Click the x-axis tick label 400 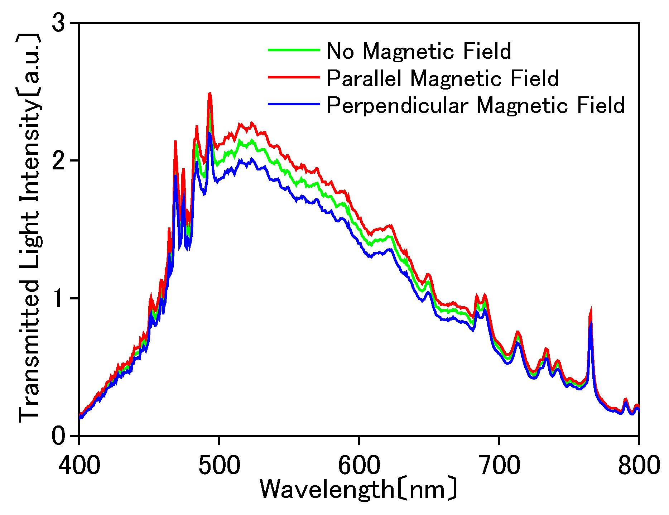79,465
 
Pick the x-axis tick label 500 219,465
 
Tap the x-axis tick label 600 359,465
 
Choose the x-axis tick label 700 499,465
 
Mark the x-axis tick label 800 639,465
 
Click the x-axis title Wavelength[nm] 358,489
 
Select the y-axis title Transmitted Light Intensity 29,227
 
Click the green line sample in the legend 294,50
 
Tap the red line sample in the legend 294,77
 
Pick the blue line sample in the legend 294,104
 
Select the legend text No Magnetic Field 419,51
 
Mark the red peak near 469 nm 175,142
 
